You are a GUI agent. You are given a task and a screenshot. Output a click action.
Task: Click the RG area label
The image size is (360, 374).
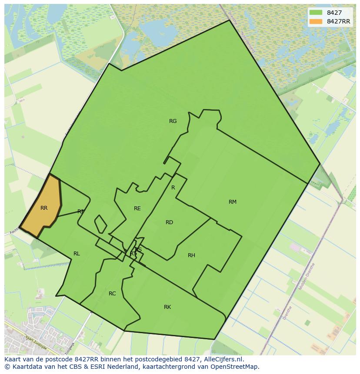173,121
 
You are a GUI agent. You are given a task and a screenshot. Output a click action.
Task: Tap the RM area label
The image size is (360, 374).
233,202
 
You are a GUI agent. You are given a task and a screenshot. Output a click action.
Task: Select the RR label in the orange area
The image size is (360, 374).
44,208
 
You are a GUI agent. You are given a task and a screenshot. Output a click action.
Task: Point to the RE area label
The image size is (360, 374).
137,209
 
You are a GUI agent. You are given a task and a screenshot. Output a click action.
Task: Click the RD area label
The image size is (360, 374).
170,222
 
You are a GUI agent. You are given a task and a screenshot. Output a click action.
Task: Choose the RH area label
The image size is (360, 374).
191,255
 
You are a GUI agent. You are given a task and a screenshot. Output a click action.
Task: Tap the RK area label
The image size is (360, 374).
167,307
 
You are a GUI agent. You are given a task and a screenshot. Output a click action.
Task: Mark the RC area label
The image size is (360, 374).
112,294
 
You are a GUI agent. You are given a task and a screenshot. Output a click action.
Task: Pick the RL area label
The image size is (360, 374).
77,254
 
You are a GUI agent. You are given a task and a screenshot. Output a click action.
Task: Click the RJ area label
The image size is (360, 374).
80,212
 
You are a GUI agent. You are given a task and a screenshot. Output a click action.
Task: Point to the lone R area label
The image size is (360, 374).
173,188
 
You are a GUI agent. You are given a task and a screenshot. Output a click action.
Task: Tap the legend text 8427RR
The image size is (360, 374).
338,21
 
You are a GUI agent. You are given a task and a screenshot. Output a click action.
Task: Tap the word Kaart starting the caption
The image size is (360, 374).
13,359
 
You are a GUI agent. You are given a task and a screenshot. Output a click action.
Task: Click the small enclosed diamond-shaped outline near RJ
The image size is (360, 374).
100,224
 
